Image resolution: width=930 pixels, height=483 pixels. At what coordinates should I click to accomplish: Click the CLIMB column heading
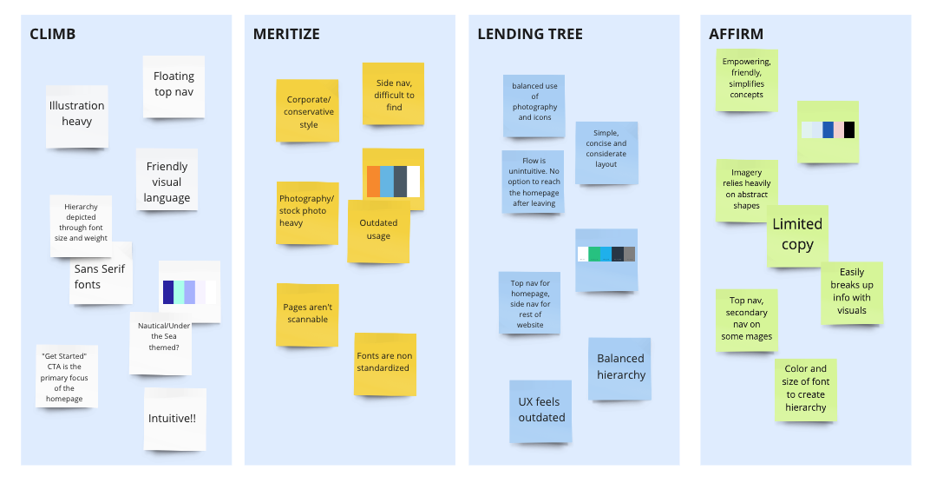53,34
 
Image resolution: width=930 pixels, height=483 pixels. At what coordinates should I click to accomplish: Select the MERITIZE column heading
286,34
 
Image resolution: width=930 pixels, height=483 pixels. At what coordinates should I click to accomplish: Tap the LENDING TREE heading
530,34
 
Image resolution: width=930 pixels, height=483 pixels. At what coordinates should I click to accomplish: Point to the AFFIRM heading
736,34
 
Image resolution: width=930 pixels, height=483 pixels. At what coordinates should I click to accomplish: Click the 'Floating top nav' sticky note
174,87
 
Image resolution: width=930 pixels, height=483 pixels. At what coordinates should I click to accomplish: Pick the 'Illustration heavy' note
77,116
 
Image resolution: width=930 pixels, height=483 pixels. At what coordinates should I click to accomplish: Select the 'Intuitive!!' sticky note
175,419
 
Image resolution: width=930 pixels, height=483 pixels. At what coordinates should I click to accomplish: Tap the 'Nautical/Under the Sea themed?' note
160,343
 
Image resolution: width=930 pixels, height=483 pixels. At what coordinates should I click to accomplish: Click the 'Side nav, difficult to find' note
393,94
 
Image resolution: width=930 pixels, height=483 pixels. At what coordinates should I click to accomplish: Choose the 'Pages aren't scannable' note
307,314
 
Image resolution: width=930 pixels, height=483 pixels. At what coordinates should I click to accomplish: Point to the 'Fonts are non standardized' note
385,364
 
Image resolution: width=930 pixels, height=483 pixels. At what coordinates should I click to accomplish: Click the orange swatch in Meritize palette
373,182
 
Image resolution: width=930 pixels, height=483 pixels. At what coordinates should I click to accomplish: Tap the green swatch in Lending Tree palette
594,255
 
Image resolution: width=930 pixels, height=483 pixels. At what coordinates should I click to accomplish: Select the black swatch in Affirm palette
849,130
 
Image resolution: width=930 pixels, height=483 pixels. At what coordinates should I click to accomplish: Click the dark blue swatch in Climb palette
168,292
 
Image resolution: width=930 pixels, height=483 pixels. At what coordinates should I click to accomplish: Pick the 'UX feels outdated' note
540,411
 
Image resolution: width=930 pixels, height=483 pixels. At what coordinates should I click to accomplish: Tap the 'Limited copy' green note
797,236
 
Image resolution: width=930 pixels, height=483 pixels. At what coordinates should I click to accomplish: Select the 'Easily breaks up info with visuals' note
852,293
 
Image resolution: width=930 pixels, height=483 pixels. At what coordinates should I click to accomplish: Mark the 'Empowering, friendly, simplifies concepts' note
747,80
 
